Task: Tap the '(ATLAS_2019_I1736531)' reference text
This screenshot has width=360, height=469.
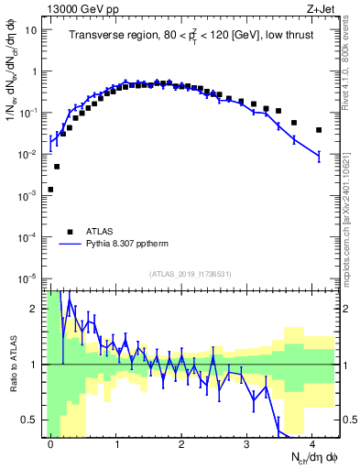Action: pyautogui.click(x=191, y=274)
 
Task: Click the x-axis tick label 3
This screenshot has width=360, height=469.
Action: pyautogui.click(x=247, y=442)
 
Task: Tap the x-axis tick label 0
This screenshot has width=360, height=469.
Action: pyautogui.click(x=50, y=442)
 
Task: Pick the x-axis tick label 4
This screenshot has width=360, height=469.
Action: pyautogui.click(x=312, y=442)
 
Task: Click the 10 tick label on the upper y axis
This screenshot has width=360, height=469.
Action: pyautogui.click(x=31, y=29)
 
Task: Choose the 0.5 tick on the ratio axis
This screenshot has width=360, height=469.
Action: pyautogui.click(x=29, y=420)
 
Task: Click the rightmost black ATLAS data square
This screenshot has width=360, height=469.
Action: pyautogui.click(x=319, y=130)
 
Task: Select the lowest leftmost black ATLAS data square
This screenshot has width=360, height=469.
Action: pyautogui.click(x=50, y=190)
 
